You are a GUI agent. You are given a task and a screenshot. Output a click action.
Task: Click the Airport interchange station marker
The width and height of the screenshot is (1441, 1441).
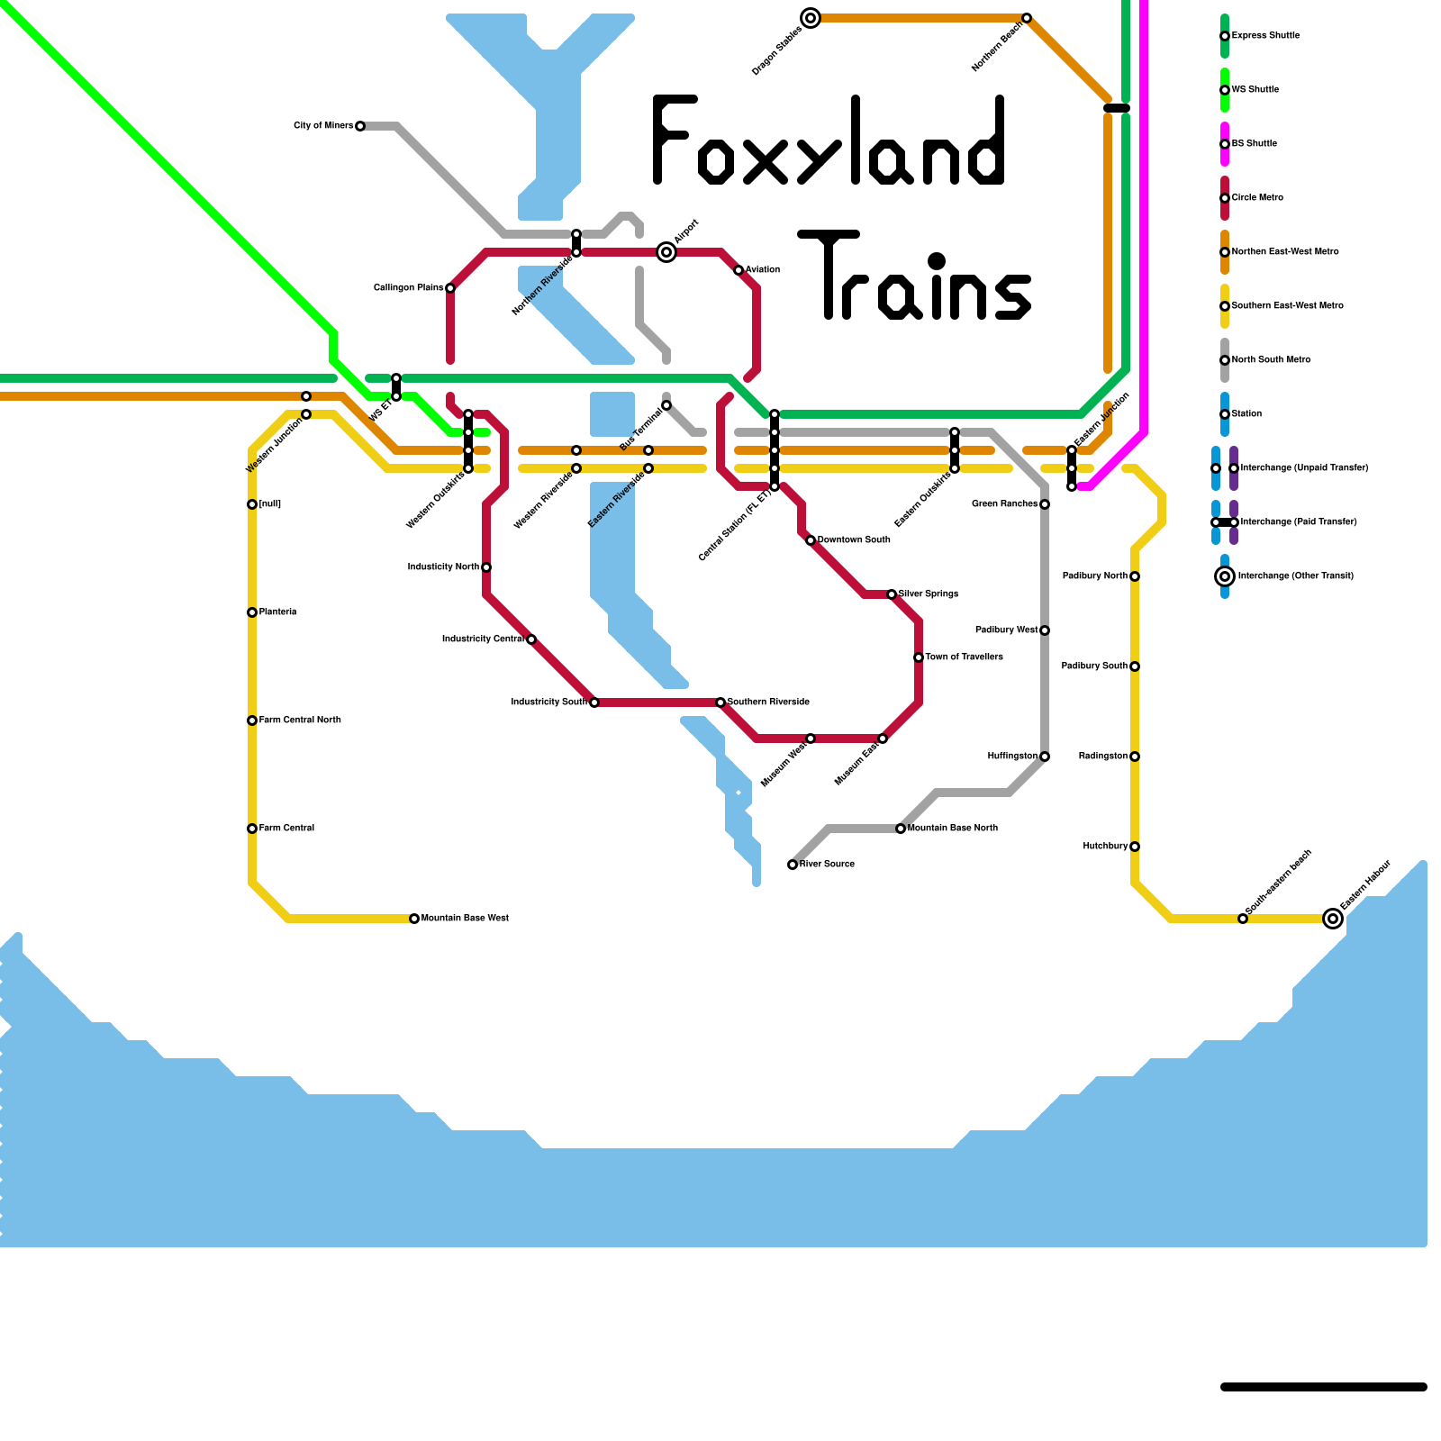(666, 252)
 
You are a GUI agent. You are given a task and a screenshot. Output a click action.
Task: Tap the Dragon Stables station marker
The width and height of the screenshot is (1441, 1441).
(811, 18)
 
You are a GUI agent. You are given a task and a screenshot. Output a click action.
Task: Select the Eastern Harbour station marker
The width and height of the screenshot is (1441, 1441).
(1333, 919)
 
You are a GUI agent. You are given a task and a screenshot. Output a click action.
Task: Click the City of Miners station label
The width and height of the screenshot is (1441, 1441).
(323, 126)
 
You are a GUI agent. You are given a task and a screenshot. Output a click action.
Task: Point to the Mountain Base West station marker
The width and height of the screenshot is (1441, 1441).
(414, 919)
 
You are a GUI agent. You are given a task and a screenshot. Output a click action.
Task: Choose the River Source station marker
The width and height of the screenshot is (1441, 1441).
(793, 865)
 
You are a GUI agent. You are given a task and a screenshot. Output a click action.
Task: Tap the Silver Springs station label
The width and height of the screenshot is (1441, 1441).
(929, 594)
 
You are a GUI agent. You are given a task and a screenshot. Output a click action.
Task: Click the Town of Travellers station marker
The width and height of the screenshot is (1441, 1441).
(919, 657)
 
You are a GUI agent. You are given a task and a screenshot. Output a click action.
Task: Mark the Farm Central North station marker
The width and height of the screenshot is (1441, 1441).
(252, 720)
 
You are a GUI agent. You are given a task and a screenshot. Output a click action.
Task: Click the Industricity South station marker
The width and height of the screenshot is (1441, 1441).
(594, 702)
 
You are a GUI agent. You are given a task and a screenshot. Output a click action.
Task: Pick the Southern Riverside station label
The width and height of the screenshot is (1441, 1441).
(768, 702)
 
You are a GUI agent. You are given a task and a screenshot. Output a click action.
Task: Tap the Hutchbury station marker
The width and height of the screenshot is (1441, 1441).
(1135, 847)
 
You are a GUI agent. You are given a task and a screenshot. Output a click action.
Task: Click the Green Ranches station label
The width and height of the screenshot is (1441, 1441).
(1004, 504)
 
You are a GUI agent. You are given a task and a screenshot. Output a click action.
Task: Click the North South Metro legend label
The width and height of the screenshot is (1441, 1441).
(1271, 360)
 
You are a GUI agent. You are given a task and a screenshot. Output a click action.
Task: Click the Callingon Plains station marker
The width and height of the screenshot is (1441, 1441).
(450, 288)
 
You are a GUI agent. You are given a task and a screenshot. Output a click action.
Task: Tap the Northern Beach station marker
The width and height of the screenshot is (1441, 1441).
(1027, 18)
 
